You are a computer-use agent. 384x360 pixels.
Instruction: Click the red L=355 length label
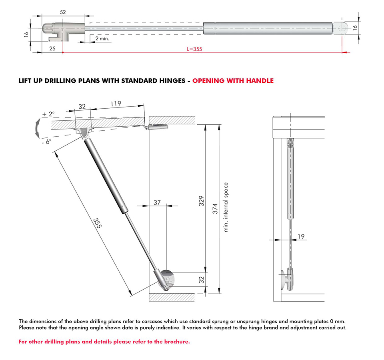195,50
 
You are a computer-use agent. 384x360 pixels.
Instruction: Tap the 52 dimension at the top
63,12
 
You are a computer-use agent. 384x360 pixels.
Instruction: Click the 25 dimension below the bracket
52,48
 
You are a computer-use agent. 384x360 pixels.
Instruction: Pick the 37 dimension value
157,203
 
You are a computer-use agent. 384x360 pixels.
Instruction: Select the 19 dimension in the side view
301,237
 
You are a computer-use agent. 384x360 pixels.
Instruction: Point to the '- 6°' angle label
46,141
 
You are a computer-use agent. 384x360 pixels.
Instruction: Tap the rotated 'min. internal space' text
226,207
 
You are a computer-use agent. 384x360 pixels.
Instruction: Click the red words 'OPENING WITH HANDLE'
233,81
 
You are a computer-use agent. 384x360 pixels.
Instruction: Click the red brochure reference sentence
104,342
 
